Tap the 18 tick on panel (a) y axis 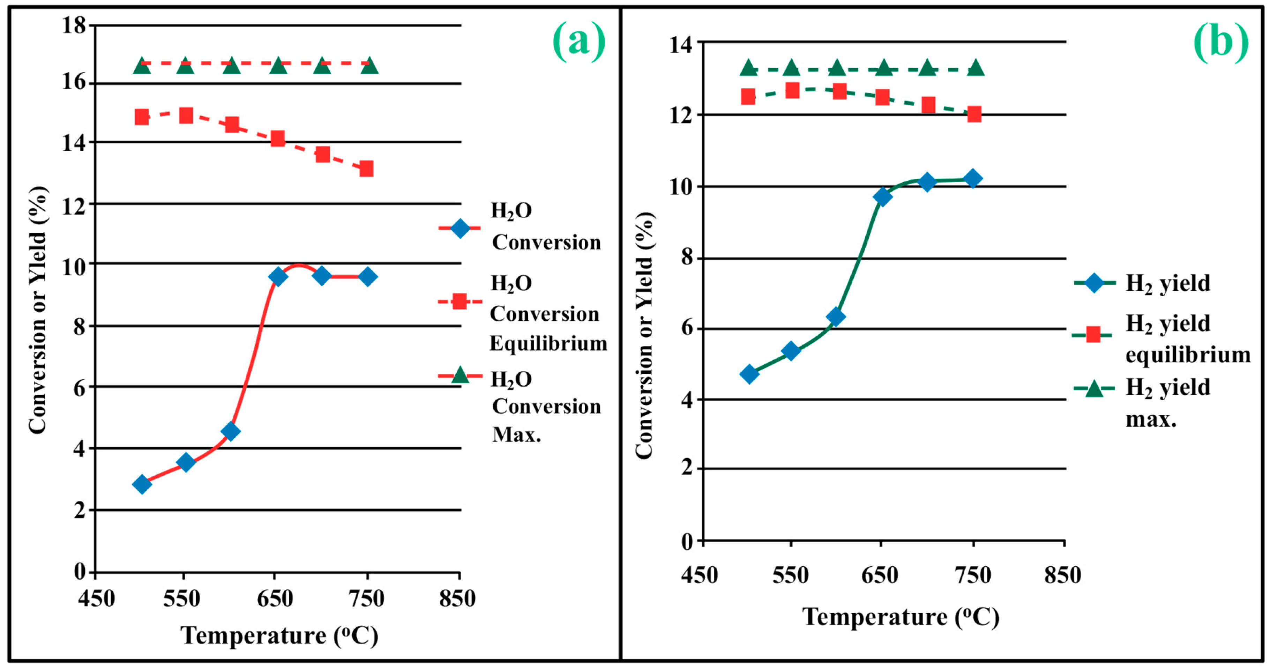(x=74, y=25)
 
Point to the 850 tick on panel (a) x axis (x=457, y=599)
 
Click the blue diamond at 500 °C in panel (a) (x=142, y=484)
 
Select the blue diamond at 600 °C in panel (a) (x=231, y=431)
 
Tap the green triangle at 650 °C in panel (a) (x=278, y=65)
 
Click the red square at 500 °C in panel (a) (x=142, y=117)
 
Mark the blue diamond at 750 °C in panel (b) (x=973, y=178)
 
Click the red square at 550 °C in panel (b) (x=792, y=90)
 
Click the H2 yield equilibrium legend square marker (x=1093, y=335)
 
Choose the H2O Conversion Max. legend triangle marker (x=460, y=375)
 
